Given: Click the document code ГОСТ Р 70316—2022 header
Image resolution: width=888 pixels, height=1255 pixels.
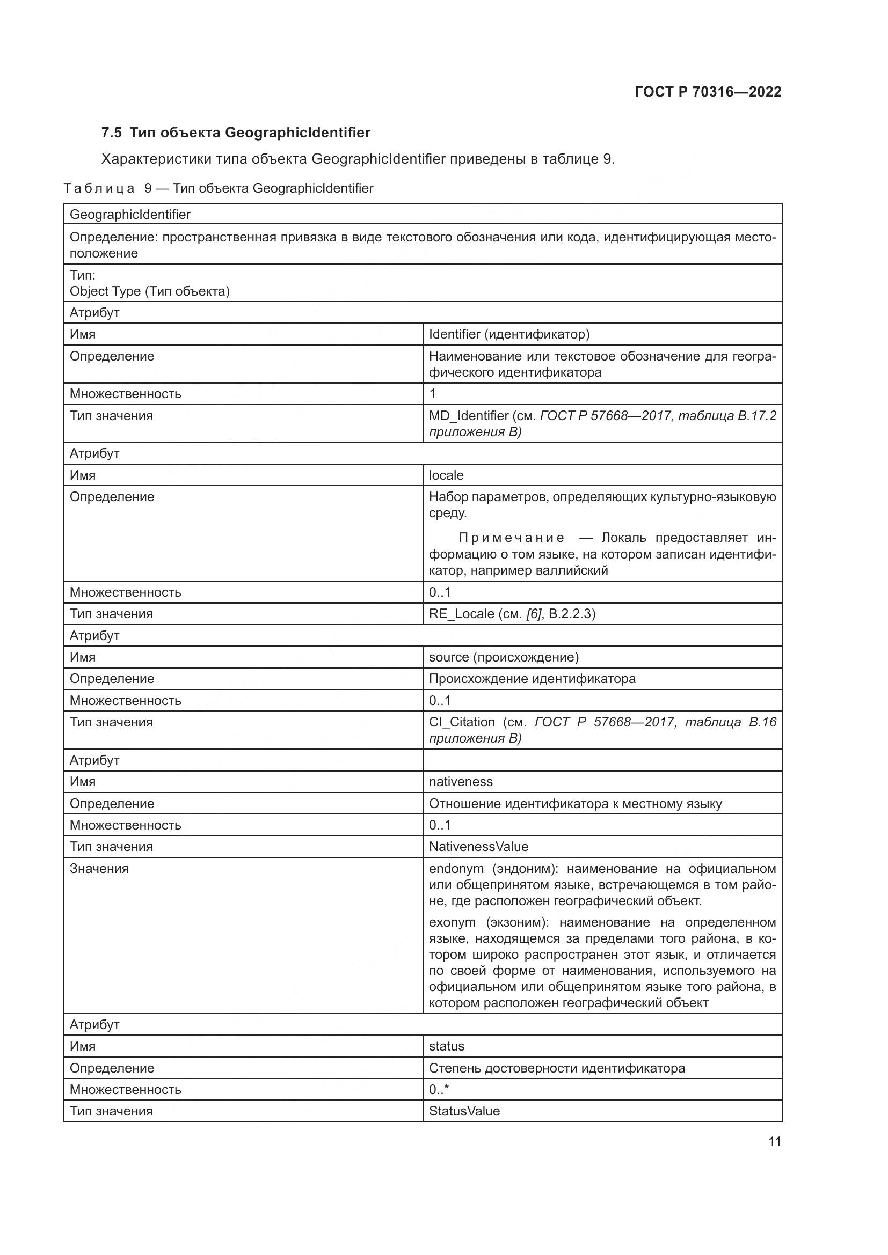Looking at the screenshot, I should pyautogui.click(x=708, y=92).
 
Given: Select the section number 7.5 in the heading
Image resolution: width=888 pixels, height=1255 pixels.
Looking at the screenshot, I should pyautogui.click(x=111, y=133).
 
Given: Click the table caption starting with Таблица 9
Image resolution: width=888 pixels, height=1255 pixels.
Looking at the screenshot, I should pyautogui.click(x=218, y=188).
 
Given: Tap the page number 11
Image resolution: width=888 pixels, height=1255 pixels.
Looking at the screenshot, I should pyautogui.click(x=774, y=1141).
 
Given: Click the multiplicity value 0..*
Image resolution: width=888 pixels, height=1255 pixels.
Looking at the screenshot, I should pyautogui.click(x=439, y=1089).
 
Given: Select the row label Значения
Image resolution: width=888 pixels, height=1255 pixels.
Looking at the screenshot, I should pyautogui.click(x=99, y=869).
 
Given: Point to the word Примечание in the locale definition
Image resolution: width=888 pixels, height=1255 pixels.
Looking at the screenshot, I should pyautogui.click(x=511, y=538).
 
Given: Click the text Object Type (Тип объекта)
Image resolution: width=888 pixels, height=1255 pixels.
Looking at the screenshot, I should pyautogui.click(x=149, y=291).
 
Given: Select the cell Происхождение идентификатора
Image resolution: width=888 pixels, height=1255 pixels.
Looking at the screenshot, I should pyautogui.click(x=532, y=679).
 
